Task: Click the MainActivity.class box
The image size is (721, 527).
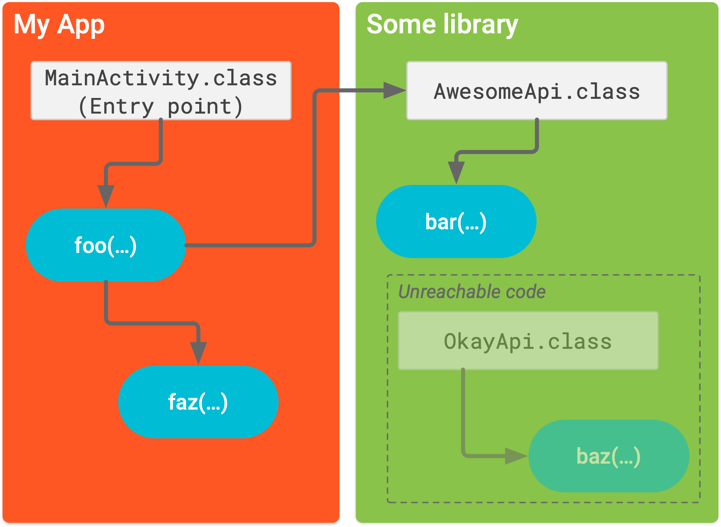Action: click(x=161, y=90)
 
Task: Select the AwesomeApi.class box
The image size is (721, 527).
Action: click(x=537, y=90)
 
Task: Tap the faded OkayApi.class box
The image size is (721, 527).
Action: click(x=528, y=340)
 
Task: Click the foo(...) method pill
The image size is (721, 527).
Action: click(x=106, y=245)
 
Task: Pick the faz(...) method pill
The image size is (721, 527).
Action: click(x=198, y=402)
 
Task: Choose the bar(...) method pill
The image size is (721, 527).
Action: click(x=456, y=221)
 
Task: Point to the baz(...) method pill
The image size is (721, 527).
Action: click(x=608, y=456)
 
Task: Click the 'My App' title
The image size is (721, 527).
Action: click(x=59, y=24)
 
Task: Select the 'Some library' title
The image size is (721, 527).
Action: click(x=442, y=24)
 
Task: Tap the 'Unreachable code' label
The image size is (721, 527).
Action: click(x=472, y=291)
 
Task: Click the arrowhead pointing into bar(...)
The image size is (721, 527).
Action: click(x=456, y=172)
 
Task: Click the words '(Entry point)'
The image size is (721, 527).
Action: click(x=161, y=106)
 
